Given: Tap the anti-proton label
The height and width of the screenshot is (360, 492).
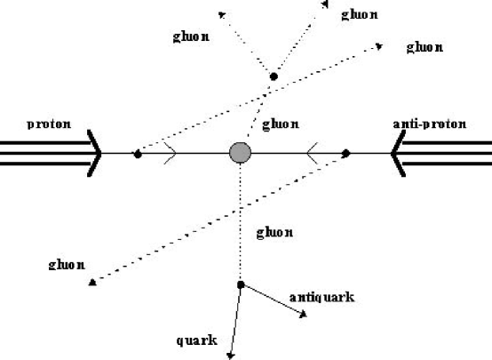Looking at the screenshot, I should pyautogui.click(x=428, y=124).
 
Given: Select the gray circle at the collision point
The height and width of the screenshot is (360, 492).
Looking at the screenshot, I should pyautogui.click(x=240, y=152).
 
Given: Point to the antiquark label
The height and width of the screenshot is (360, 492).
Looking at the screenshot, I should pyautogui.click(x=321, y=297).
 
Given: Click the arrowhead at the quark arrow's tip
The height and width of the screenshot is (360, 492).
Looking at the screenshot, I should pyautogui.click(x=230, y=355).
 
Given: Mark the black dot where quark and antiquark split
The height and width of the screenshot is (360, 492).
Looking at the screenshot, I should pyautogui.click(x=240, y=284).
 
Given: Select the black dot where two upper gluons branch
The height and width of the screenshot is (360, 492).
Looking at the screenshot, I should pyautogui.click(x=274, y=77).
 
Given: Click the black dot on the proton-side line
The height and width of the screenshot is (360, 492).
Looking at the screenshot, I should pyautogui.click(x=138, y=154).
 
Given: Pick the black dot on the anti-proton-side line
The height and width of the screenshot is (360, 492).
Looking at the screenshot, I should pyautogui.click(x=345, y=153).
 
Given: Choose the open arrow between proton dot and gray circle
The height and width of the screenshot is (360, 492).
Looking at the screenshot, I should pyautogui.click(x=170, y=153).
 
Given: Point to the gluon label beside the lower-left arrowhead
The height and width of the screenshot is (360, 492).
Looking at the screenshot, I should pyautogui.click(x=68, y=265).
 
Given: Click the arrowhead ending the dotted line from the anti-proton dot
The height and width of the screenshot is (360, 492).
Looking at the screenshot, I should pyautogui.click(x=92, y=282).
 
